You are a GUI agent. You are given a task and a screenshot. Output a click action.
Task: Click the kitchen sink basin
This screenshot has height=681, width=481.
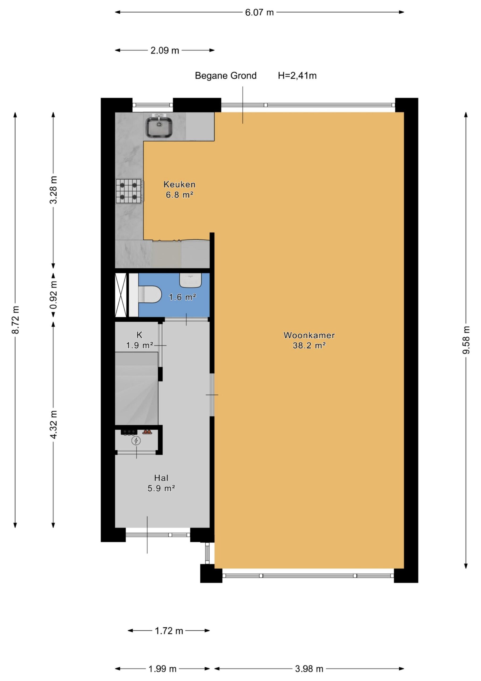tap(159, 127)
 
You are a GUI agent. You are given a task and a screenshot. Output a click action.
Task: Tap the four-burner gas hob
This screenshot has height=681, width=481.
tap(128, 191)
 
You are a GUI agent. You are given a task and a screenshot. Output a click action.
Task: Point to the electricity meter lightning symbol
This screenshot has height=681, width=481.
tap(136, 441)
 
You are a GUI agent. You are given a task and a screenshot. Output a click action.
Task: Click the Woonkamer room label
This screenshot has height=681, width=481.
tap(309, 335)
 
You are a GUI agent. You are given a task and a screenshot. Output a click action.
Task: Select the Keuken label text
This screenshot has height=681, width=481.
tap(180, 185)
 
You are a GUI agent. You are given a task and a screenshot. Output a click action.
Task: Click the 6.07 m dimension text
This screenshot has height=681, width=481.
tap(259, 13)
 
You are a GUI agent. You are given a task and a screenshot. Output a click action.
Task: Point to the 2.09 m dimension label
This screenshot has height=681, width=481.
tap(165, 51)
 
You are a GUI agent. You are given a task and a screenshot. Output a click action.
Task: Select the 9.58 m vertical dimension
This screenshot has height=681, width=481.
tap(466, 340)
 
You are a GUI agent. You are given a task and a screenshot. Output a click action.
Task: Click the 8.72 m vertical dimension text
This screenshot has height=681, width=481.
tap(15, 319)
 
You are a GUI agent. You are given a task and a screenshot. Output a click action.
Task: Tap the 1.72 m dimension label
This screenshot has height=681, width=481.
tap(169, 630)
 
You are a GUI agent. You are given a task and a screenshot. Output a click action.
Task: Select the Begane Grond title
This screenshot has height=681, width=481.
tap(226, 76)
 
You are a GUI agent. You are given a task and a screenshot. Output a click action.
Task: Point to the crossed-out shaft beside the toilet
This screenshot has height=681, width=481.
tap(121, 295)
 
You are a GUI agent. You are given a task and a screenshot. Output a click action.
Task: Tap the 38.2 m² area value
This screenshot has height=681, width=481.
tap(309, 346)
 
